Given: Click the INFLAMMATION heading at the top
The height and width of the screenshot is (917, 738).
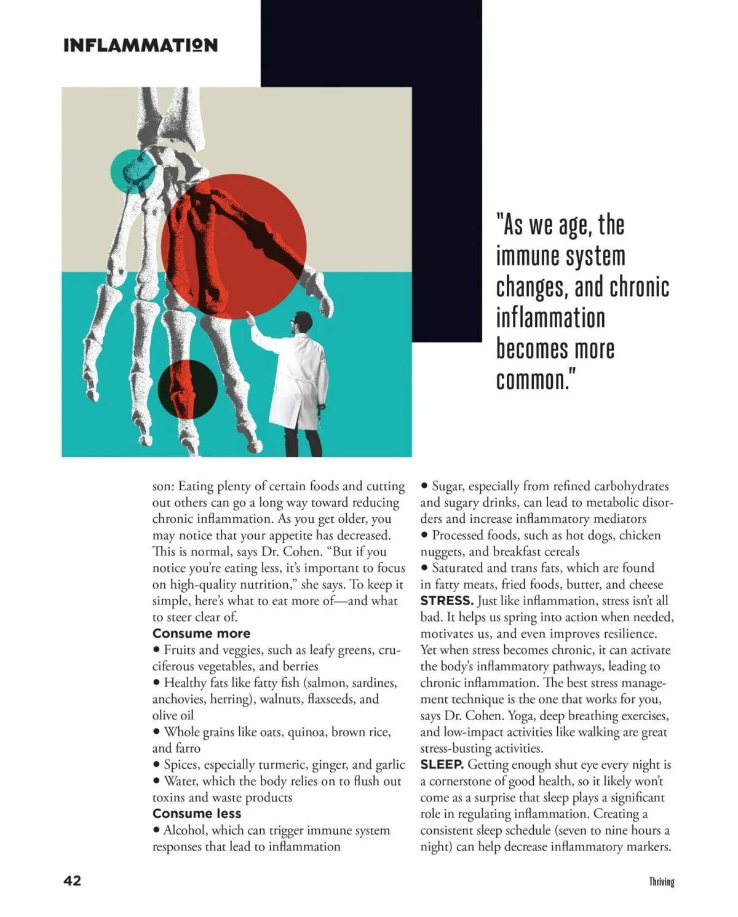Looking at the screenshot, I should click(140, 46).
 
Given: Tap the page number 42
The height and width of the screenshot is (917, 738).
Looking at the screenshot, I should click(72, 881).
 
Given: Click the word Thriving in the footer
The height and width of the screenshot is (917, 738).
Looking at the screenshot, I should click(662, 882).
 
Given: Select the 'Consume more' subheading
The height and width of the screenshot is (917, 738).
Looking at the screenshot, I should click(201, 633).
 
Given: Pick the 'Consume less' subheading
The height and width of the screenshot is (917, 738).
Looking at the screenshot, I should click(197, 814).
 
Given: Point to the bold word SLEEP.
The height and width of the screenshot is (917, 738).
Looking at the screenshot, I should click(442, 764).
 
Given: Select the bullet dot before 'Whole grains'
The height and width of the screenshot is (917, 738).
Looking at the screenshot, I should click(157, 732).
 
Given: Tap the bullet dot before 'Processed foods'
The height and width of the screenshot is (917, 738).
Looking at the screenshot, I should click(424, 536).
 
